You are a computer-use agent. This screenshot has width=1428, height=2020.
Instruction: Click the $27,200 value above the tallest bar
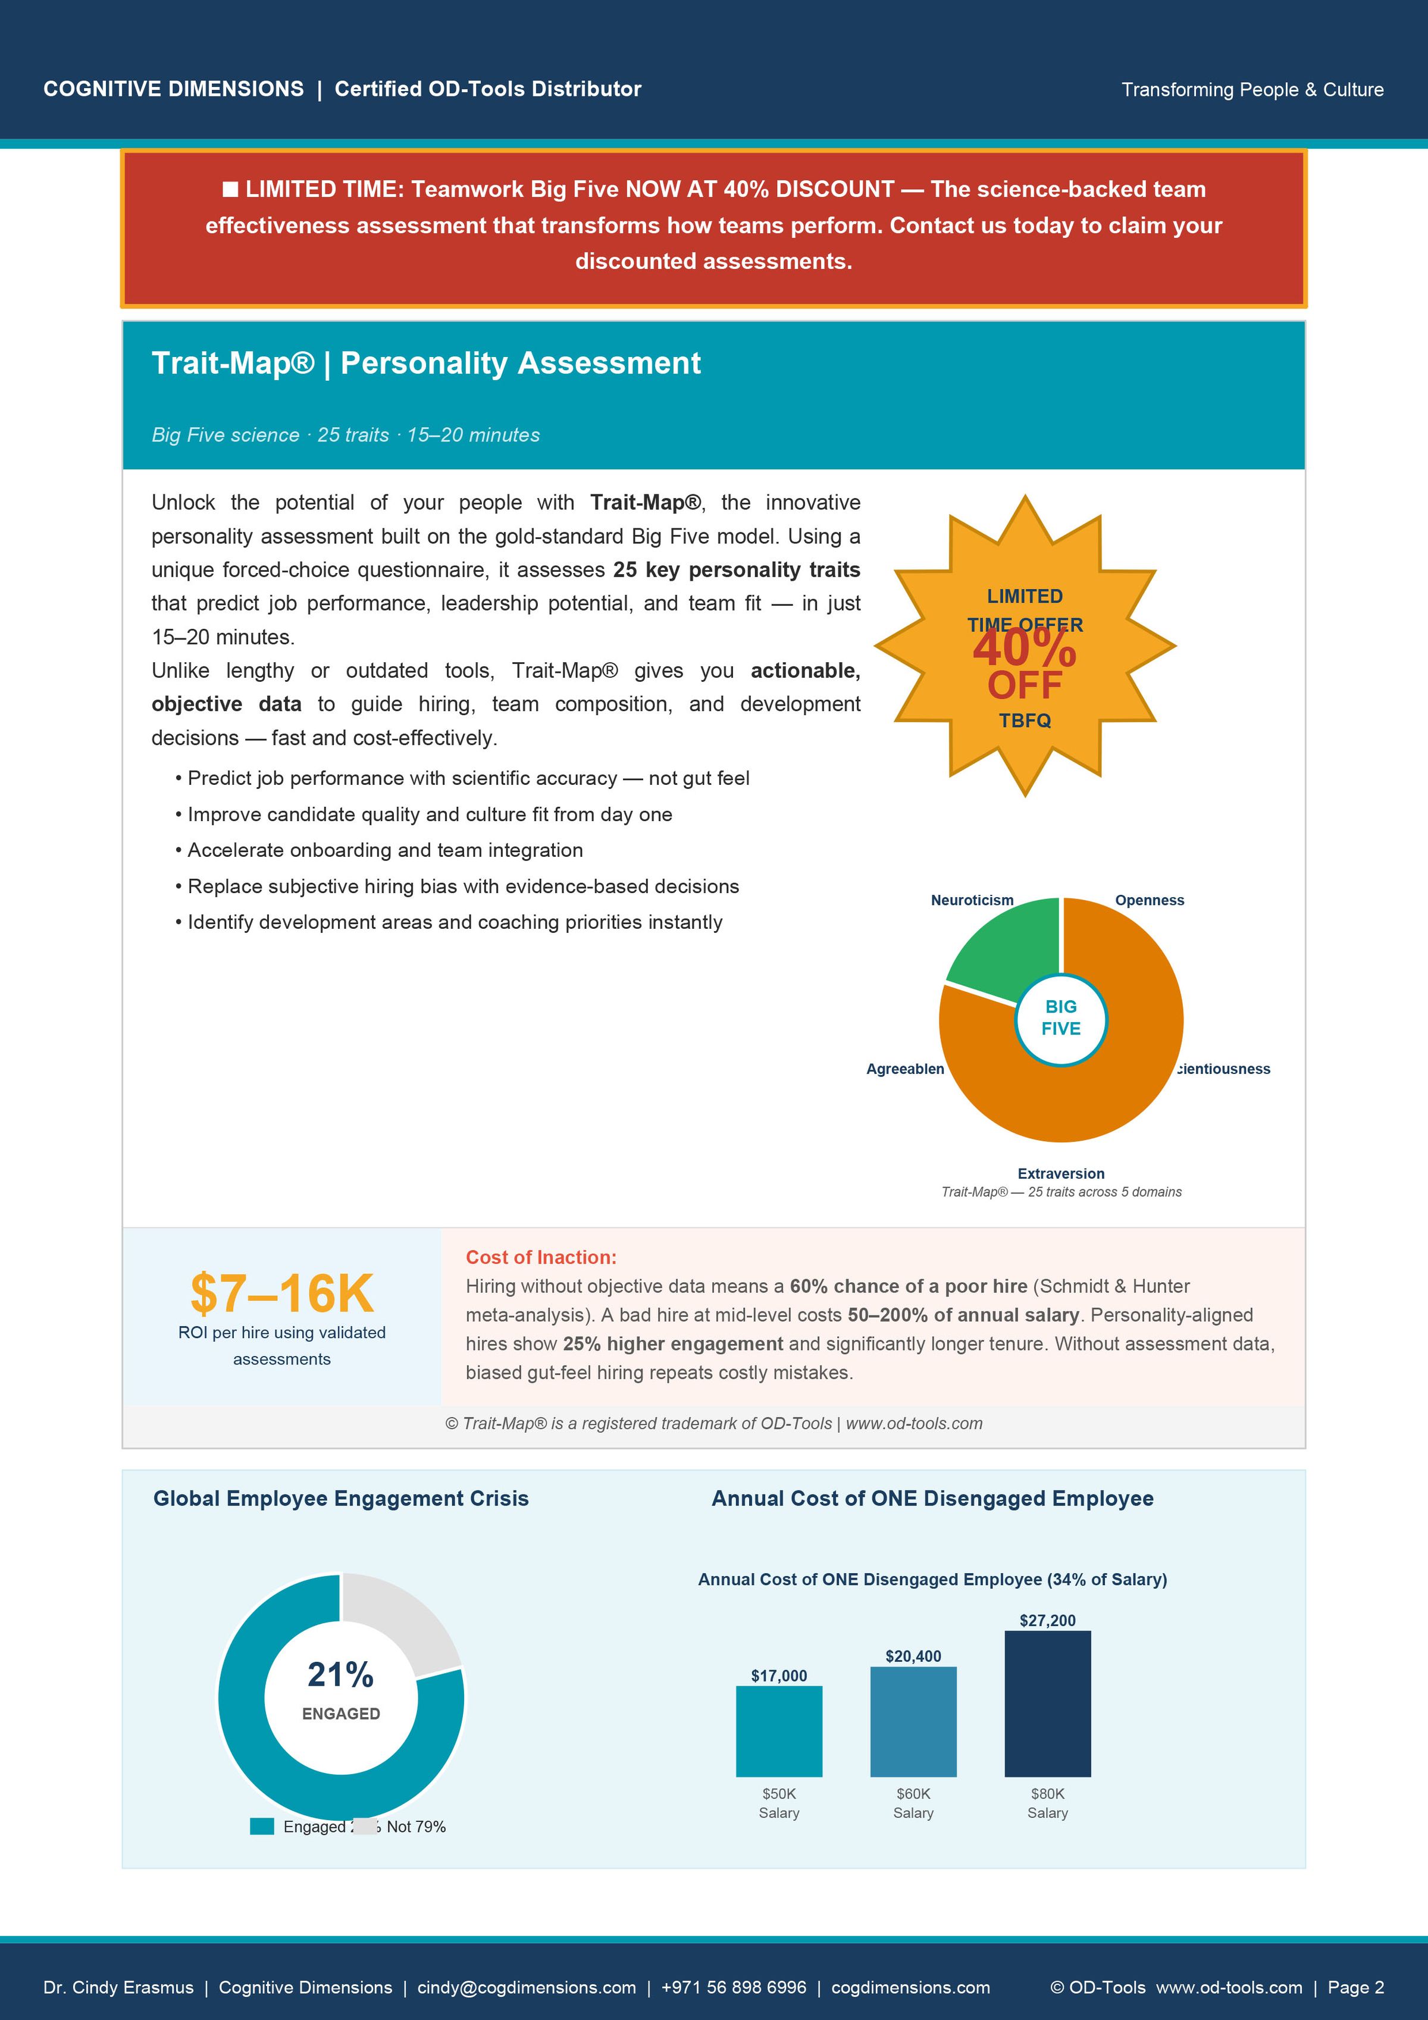[x=1047, y=1621]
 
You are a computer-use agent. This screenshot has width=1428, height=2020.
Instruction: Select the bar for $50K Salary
[x=779, y=1731]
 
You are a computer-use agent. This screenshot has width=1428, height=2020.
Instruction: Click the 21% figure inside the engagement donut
[x=340, y=1675]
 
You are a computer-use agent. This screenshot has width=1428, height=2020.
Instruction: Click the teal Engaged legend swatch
[x=261, y=1827]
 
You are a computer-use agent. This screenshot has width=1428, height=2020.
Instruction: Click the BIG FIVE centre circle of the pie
[x=1060, y=1019]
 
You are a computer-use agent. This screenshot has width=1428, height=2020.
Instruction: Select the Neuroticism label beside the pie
[x=972, y=900]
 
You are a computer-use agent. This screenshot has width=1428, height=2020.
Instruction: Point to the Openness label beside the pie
[x=1149, y=900]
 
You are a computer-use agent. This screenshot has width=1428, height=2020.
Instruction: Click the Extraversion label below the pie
[x=1060, y=1174]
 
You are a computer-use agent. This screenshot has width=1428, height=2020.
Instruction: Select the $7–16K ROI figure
[x=281, y=1294]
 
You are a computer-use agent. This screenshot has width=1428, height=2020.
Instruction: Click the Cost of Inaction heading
[x=541, y=1257]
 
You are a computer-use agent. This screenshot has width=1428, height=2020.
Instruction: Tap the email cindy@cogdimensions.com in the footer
[x=526, y=1987]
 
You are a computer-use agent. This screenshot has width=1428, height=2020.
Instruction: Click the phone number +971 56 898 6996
[x=733, y=1987]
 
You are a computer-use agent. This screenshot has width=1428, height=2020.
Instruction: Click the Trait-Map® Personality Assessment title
[x=426, y=364]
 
